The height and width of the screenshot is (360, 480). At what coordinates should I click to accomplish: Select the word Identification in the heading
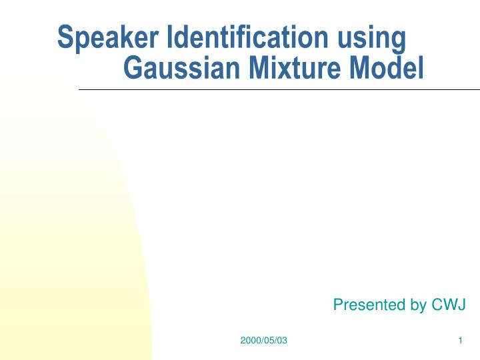pyautogui.click(x=247, y=38)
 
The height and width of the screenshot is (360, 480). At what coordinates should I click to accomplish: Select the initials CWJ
pyautogui.click(x=449, y=305)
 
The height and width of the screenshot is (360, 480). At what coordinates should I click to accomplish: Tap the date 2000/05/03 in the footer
pyautogui.click(x=263, y=341)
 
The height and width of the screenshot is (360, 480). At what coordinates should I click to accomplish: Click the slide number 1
pyautogui.click(x=461, y=341)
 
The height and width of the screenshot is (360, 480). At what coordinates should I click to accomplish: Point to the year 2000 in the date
pyautogui.click(x=249, y=341)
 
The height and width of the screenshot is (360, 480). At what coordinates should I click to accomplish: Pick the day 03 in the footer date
pyautogui.click(x=282, y=341)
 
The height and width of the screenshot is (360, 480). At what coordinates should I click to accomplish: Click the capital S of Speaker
pyautogui.click(x=65, y=38)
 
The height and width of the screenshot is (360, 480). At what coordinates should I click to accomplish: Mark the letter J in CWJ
pyautogui.click(x=461, y=305)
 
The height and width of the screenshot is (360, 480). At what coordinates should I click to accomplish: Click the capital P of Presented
pyautogui.click(x=337, y=305)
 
